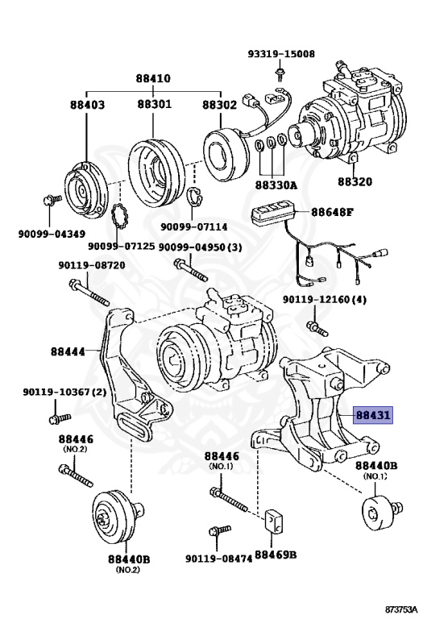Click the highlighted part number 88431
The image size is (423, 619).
[x=373, y=415]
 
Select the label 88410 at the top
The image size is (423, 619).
[x=153, y=78]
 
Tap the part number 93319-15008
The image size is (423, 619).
[x=281, y=53]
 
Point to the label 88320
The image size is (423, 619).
[x=355, y=181]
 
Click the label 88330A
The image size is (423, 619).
[x=276, y=185]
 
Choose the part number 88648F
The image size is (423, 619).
[x=332, y=212]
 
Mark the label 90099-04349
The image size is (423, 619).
[x=52, y=234]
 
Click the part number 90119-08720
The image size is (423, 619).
[x=92, y=265]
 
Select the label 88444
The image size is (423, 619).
[x=68, y=351]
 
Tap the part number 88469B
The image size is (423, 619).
[x=276, y=555]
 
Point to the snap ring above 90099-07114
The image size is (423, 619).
[x=193, y=195]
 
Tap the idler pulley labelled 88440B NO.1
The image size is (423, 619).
[x=380, y=512]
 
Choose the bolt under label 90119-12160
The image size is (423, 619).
[x=317, y=328]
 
